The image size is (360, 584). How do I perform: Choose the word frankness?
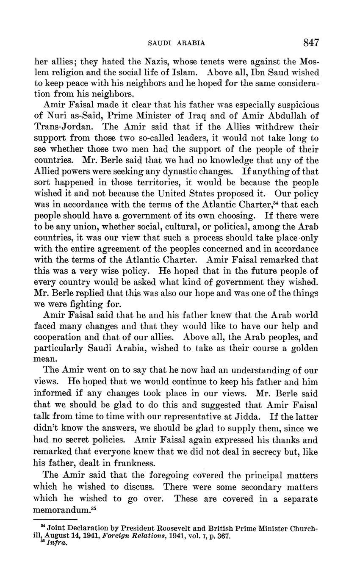(132, 462)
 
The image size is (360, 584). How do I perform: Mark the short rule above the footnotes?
(55, 519)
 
